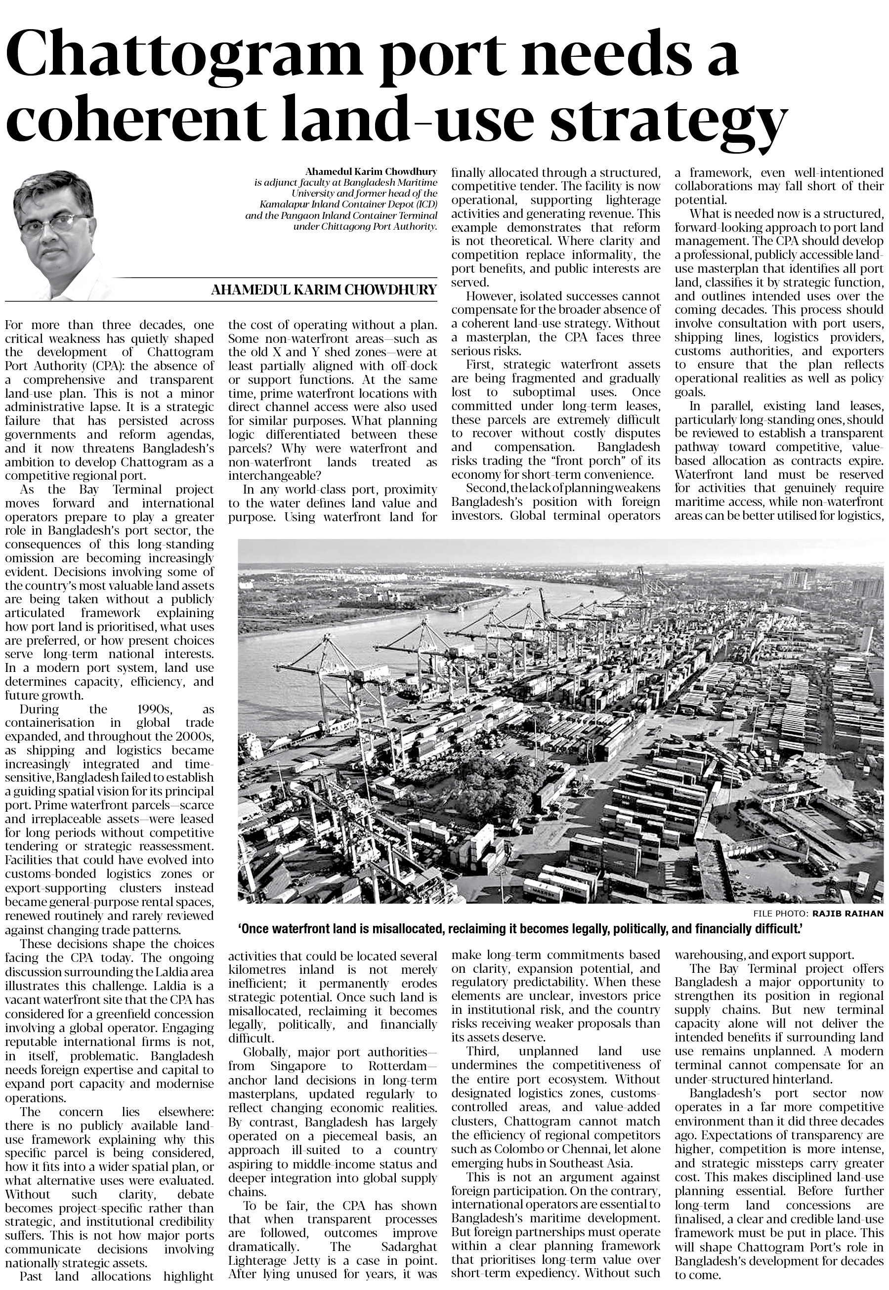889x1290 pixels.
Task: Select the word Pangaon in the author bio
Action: [297, 215]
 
